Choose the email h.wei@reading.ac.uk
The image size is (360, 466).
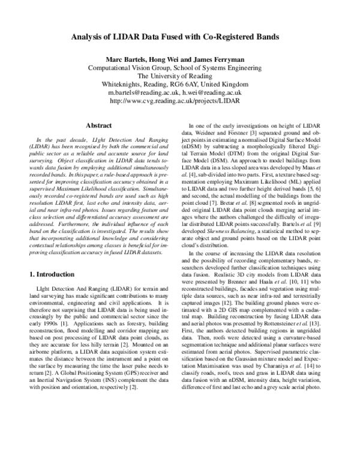pos(212,93)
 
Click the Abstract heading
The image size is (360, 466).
pos(100,126)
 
